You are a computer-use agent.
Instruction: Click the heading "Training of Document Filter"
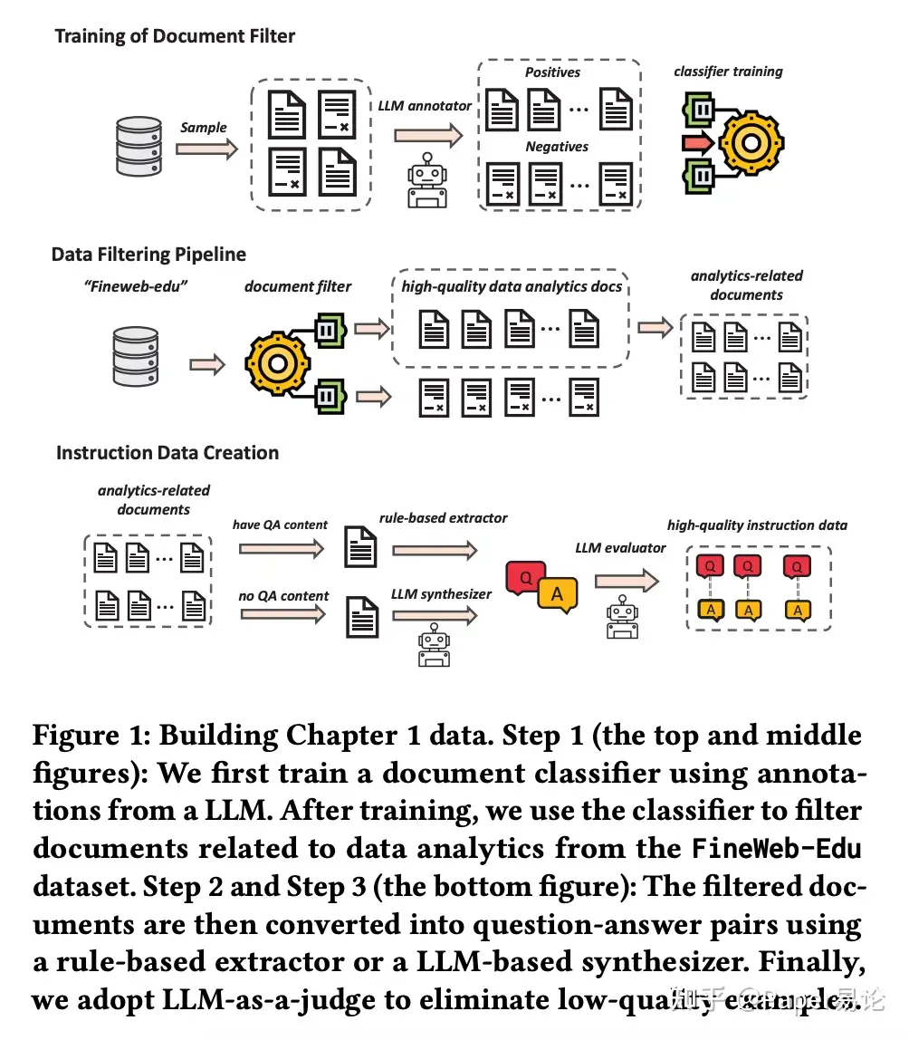click(x=175, y=37)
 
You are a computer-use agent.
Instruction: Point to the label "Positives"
click(x=552, y=72)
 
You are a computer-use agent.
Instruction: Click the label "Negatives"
click(x=557, y=147)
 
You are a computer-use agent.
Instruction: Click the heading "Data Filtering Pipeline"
click(x=148, y=255)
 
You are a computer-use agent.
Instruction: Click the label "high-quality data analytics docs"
click(x=512, y=287)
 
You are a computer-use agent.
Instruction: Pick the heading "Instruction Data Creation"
click(x=167, y=453)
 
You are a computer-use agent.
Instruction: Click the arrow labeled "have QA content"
click(x=281, y=547)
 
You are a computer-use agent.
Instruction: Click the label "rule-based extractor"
click(x=444, y=518)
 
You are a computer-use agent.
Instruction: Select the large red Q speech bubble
click(x=525, y=577)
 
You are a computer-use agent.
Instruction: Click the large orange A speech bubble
click(x=558, y=594)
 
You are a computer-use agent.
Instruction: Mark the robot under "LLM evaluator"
click(x=623, y=619)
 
